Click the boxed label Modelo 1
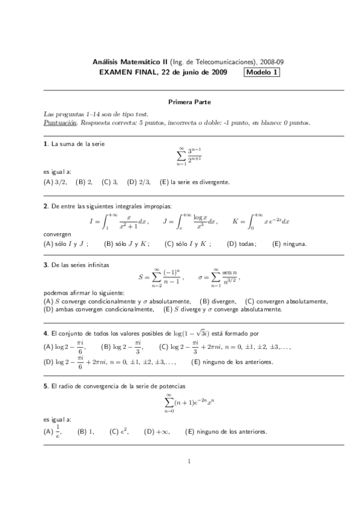click(261, 73)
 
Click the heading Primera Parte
click(189, 103)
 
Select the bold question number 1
click(46, 144)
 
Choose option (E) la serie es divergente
click(195, 182)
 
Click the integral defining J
click(190, 221)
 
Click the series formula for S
click(160, 278)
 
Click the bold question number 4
click(46, 333)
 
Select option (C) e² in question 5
click(117, 431)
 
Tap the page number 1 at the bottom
click(189, 462)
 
